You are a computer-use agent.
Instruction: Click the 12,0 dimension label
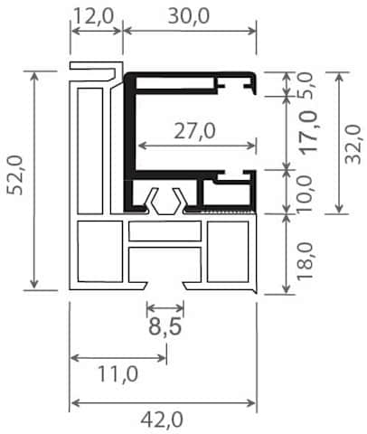pyautogui.click(x=93, y=16)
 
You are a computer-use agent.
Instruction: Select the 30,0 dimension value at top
pyautogui.click(x=189, y=16)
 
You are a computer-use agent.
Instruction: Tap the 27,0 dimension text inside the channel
pyautogui.click(x=194, y=131)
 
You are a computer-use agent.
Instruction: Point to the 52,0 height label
pyautogui.click(x=15, y=175)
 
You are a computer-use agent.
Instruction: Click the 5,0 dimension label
pyautogui.click(x=306, y=85)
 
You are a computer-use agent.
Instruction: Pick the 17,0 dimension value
pyautogui.click(x=308, y=132)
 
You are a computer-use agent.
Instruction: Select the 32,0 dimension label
pyautogui.click(x=353, y=145)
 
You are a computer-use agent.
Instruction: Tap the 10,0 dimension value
pyautogui.click(x=306, y=194)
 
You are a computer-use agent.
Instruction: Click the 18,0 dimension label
pyautogui.click(x=306, y=261)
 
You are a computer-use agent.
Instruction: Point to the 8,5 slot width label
pyautogui.click(x=165, y=326)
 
